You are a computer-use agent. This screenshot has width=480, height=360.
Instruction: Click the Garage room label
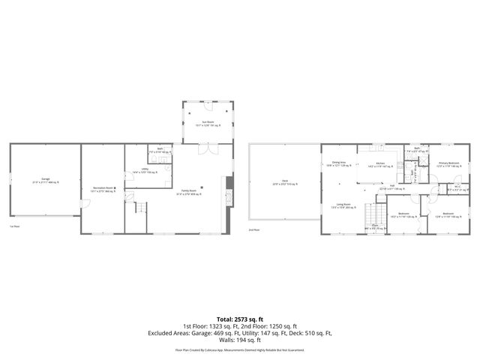pos(46,180)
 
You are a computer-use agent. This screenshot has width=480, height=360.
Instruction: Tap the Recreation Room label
pos(103,189)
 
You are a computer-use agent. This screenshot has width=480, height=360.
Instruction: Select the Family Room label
pos(193,192)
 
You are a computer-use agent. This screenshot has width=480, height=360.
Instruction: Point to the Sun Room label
pos(208,122)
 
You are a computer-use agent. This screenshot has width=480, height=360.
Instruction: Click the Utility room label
pos(144,171)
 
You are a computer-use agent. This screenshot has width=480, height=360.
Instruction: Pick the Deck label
pos(285,181)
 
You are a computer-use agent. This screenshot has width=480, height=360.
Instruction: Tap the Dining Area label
pos(339,163)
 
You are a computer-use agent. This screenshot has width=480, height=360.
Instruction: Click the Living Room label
pos(344,205)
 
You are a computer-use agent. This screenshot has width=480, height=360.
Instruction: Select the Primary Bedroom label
pos(448,163)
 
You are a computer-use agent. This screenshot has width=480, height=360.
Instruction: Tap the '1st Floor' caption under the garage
pos(14,226)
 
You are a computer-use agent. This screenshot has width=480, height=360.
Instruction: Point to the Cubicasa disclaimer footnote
pos(239,349)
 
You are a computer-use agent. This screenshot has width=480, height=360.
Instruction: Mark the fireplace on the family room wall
pos(229,184)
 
